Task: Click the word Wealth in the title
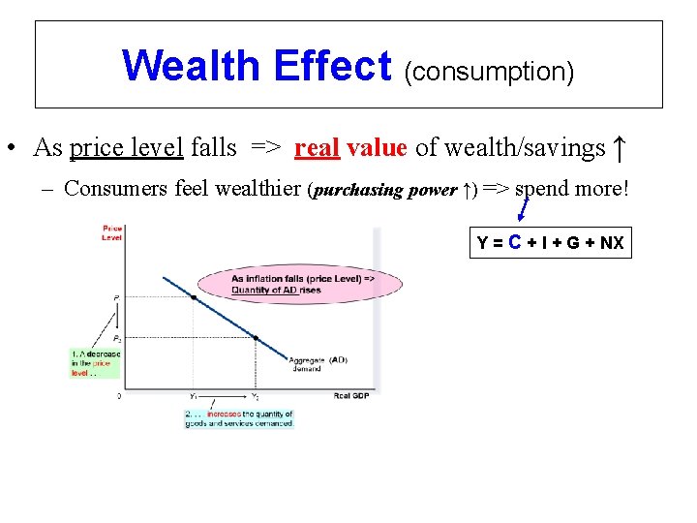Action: coord(192,66)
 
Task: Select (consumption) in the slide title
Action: coord(489,71)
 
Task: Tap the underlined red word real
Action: coord(316,147)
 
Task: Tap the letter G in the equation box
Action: coord(574,243)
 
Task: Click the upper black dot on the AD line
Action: coord(193,297)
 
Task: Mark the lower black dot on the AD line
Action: coord(256,338)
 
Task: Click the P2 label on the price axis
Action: coord(117,339)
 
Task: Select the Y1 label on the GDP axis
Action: coord(193,396)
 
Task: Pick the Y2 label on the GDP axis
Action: coord(255,396)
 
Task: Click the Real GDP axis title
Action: coord(350,395)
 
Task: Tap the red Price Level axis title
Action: coord(111,232)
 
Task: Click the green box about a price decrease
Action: coord(95,363)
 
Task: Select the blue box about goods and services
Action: coord(238,418)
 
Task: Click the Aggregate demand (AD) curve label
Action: coord(318,363)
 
